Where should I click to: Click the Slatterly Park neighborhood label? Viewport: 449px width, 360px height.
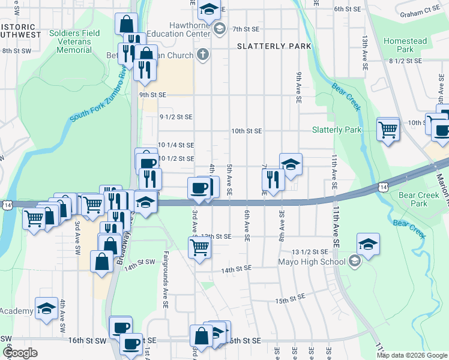tap(274, 46)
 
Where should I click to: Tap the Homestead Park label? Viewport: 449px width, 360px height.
tap(405, 45)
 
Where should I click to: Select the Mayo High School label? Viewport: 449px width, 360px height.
tap(311, 261)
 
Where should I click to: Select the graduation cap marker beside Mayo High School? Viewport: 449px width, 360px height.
tap(368, 244)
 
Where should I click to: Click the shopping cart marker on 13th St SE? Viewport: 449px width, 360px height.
tap(200, 247)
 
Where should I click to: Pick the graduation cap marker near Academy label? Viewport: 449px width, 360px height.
tap(46, 308)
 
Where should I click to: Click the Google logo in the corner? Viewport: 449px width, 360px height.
tap(20, 353)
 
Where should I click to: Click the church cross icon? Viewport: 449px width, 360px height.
tap(203, 55)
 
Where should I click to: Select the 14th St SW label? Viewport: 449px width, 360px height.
tap(140, 262)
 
